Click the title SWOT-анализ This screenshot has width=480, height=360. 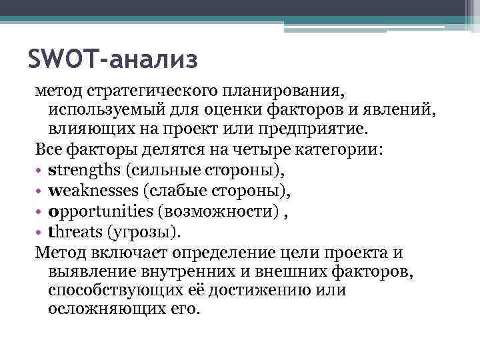click(113, 59)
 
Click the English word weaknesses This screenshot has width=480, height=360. click(93, 191)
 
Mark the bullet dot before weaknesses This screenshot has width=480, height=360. click(39, 192)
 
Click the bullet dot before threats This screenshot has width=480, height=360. click(39, 233)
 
